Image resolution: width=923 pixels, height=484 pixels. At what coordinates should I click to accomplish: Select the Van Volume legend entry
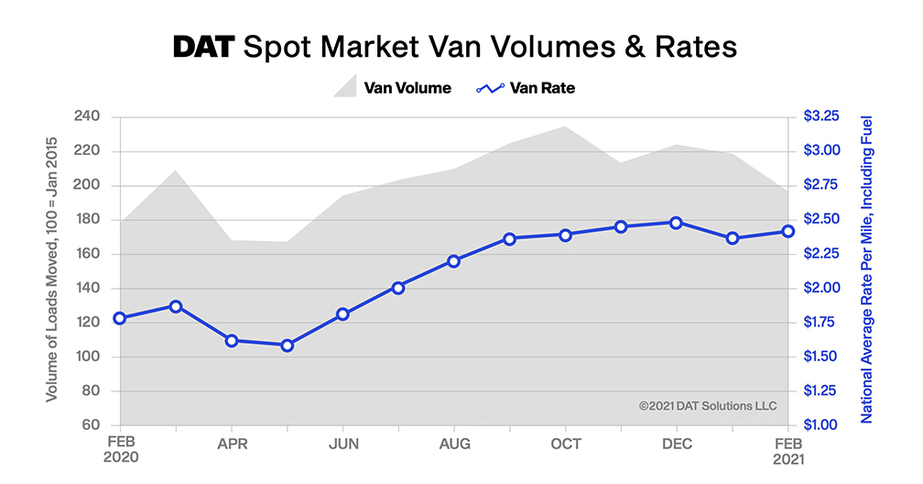(392, 89)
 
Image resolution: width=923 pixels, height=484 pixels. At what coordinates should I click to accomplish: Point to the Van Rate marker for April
(232, 341)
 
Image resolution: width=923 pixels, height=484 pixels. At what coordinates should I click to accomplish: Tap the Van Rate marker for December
(676, 223)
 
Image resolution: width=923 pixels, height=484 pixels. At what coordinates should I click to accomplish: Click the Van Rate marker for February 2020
(120, 318)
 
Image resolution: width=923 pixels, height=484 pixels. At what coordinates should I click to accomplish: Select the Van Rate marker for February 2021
(787, 231)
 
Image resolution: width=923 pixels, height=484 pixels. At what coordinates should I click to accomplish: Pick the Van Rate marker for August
(454, 261)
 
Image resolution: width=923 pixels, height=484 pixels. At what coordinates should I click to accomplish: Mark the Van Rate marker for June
(342, 314)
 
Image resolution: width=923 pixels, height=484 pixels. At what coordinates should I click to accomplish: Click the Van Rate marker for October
(566, 235)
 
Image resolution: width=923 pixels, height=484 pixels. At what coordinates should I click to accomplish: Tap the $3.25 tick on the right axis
(821, 116)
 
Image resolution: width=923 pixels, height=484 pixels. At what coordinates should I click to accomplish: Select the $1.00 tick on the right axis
(821, 425)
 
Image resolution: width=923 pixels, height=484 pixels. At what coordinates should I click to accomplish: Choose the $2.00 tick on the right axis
(821, 288)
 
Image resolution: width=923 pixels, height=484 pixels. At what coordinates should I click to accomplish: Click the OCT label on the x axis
(566, 445)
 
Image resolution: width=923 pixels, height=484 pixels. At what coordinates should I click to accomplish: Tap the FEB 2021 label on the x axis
(787, 452)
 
